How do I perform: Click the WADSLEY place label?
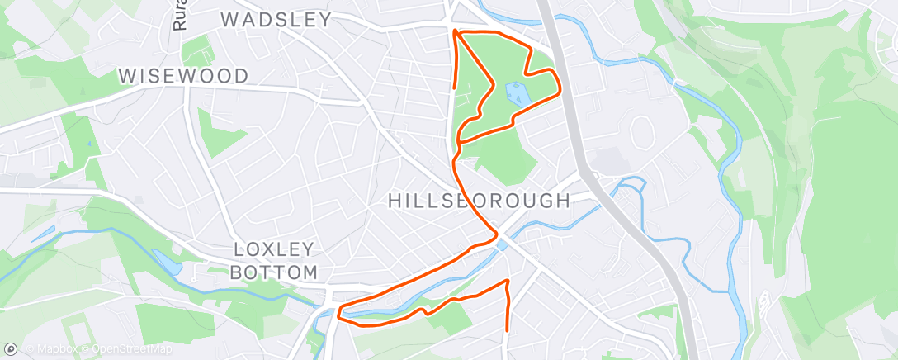(x=276, y=20)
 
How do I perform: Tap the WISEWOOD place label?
(x=183, y=76)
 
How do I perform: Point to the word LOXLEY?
(x=275, y=249)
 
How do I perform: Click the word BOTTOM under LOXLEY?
(x=276, y=272)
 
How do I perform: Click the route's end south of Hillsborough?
(x=506, y=329)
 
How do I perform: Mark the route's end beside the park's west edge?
(x=454, y=86)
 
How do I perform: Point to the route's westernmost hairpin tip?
(x=339, y=312)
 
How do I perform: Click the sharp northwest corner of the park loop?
(x=456, y=32)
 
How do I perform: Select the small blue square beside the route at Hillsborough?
(x=502, y=244)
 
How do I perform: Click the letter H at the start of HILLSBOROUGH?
(x=395, y=201)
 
